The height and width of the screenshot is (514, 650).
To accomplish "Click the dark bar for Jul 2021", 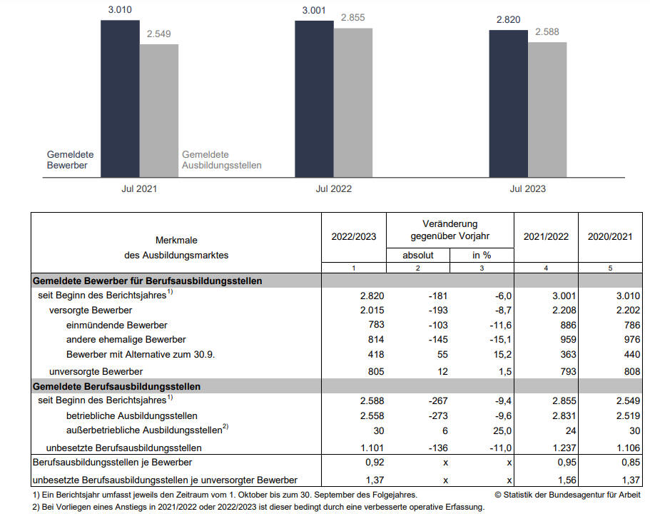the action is pyautogui.click(x=120, y=99).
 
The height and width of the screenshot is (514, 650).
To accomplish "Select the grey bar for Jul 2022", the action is pyautogui.click(x=352, y=103).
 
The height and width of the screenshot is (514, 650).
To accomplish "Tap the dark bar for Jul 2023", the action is pyautogui.click(x=508, y=104).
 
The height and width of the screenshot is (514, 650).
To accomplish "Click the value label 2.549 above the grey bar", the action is pyautogui.click(x=159, y=34).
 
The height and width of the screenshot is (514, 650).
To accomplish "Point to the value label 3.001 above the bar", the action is pyautogui.click(x=314, y=11).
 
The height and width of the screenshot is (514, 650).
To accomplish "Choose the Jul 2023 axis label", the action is pyautogui.click(x=528, y=188).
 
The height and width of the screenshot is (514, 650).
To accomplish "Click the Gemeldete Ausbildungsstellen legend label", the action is pyautogui.click(x=222, y=160).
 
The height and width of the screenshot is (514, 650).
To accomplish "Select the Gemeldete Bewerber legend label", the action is pyautogui.click(x=70, y=160).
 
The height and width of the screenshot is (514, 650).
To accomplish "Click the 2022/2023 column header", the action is pyautogui.click(x=354, y=236).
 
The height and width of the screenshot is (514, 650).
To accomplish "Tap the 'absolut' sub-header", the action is pyautogui.click(x=418, y=255).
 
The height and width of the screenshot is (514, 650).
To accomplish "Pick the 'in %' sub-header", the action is pyautogui.click(x=482, y=255).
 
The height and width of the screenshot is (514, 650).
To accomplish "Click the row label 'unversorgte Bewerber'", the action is pyautogui.click(x=96, y=371).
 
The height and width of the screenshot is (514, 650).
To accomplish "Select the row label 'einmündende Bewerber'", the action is pyautogui.click(x=116, y=326).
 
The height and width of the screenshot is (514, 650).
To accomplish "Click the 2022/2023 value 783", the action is pyautogui.click(x=376, y=325).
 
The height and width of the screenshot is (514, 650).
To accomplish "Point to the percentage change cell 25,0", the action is pyautogui.click(x=502, y=431).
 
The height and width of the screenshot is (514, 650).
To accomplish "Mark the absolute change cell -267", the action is pyautogui.click(x=438, y=400).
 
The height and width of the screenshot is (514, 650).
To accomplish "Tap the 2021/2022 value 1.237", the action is pyautogui.click(x=564, y=448).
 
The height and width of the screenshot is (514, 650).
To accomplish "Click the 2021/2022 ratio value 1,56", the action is pyautogui.click(x=567, y=480).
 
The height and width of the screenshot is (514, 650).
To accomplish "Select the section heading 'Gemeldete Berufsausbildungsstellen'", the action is pyautogui.click(x=116, y=387).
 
